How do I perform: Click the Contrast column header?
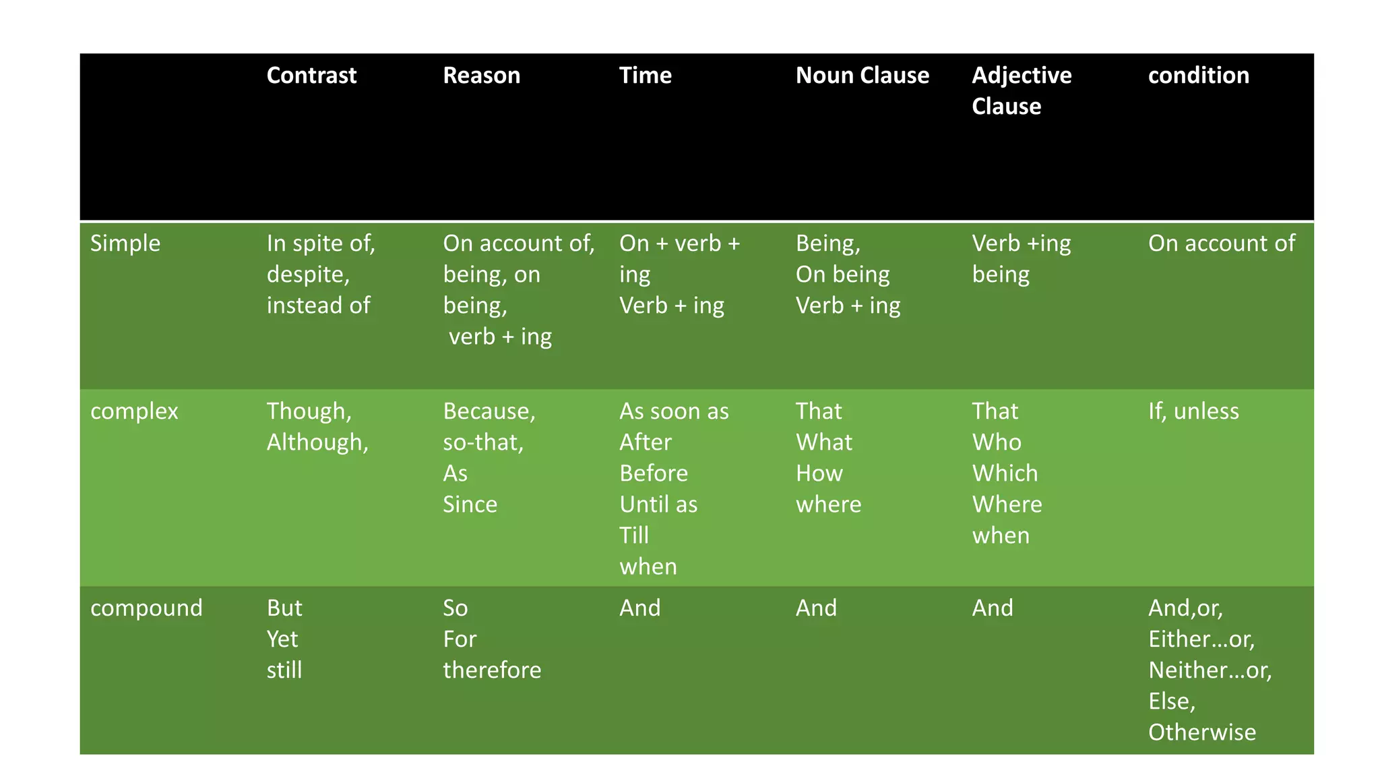[x=311, y=76]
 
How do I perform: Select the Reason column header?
[x=481, y=76]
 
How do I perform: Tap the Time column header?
[x=645, y=76]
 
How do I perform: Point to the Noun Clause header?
[x=862, y=76]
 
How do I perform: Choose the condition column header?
[x=1198, y=76]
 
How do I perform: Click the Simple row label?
[x=125, y=243]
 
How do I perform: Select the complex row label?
[x=134, y=411]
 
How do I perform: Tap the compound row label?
[x=146, y=608]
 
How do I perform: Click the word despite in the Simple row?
[x=307, y=275]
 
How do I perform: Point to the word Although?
[x=317, y=442]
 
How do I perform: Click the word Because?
[x=489, y=411]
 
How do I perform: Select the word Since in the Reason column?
[x=470, y=505]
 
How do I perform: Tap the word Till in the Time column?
[x=633, y=536]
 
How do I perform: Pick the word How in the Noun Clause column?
[x=819, y=473]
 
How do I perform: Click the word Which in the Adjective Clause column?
[x=1004, y=473]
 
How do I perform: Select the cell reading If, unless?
[x=1193, y=411]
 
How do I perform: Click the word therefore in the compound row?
[x=492, y=670]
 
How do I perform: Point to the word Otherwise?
[x=1201, y=732]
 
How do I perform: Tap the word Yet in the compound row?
[x=282, y=639]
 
